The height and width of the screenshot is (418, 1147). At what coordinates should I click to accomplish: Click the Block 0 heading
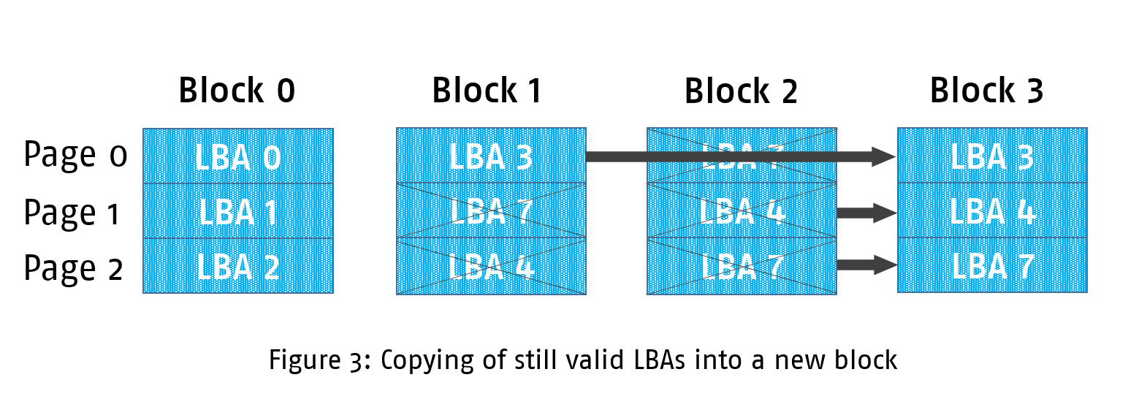point(237,91)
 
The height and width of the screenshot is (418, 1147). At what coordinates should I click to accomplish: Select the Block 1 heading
point(487,91)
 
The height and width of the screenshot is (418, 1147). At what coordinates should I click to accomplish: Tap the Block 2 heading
point(740,91)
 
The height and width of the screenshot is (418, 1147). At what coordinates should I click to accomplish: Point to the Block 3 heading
point(986,91)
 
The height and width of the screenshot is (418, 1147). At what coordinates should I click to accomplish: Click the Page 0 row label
point(75,155)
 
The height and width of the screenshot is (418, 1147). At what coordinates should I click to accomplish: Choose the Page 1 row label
point(72,213)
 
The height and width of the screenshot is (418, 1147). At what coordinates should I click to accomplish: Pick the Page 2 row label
point(73,268)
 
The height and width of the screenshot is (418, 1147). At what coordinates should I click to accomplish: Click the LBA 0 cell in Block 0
point(238,157)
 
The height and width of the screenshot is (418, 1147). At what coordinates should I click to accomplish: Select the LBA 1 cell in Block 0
point(238,212)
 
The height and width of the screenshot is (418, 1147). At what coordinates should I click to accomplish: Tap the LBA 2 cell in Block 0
point(238,267)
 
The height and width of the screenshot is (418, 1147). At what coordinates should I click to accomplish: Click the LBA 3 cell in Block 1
point(491,156)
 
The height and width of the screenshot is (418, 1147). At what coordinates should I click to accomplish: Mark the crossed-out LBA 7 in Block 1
point(491,211)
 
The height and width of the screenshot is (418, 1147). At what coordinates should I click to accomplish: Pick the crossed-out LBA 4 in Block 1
point(491,267)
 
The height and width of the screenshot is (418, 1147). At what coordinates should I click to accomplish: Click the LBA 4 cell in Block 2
point(742,211)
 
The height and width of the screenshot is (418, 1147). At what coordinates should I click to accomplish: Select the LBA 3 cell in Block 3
point(992,156)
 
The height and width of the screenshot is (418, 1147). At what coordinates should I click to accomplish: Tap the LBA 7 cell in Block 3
point(992,266)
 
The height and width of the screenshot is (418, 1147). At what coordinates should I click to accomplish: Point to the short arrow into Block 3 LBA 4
point(866,213)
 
